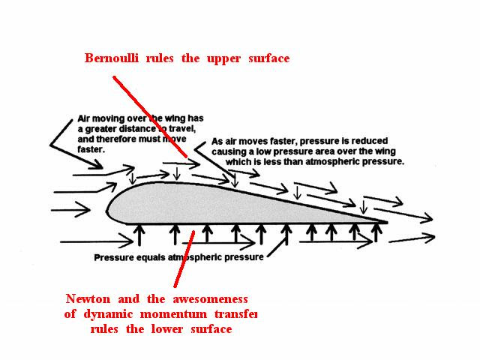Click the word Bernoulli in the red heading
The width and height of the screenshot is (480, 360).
coord(114,58)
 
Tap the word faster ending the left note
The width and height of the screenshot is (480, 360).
coord(91,148)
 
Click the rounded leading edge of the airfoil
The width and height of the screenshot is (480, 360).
coord(109,209)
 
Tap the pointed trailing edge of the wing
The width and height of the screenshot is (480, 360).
coord(385,222)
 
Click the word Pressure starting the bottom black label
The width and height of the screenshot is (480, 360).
coord(114,258)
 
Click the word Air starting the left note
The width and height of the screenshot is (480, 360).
coord(85,118)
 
